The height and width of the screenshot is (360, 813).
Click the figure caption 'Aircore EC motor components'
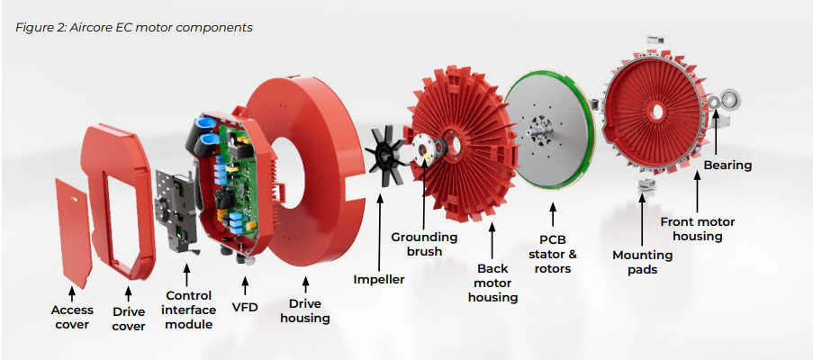click(x=134, y=27)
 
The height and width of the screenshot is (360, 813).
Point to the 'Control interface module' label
click(x=189, y=310)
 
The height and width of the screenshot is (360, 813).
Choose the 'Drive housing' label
click(x=304, y=310)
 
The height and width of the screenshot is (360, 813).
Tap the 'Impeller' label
click(x=379, y=279)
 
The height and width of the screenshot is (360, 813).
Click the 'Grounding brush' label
click(x=424, y=244)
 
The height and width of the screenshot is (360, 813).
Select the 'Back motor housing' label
click(x=493, y=283)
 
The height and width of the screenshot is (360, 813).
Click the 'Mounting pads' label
click(x=644, y=262)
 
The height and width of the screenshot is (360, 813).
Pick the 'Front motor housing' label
click(x=698, y=229)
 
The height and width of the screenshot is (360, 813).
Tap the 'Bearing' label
click(x=727, y=166)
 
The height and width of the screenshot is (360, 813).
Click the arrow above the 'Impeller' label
click(x=380, y=225)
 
